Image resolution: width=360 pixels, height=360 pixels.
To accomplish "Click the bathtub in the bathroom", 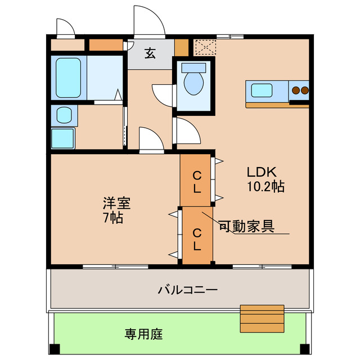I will coord(70,78).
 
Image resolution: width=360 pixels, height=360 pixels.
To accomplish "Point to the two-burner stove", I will coord(299,90).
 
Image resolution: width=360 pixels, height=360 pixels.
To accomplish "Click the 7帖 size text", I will coord(113,217).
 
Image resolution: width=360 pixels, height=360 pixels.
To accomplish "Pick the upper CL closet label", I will coord(196,181).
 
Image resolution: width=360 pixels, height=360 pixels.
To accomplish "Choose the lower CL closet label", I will coord(196,238).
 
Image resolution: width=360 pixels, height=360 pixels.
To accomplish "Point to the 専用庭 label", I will coord(143,334).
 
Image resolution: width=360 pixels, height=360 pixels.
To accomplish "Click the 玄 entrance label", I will coord(150,54).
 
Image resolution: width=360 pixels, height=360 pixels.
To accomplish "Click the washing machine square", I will coord(63,138).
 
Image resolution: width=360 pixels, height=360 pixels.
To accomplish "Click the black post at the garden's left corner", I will coord(54,348).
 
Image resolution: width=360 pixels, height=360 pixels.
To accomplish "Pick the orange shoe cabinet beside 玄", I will coord(181,48).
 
